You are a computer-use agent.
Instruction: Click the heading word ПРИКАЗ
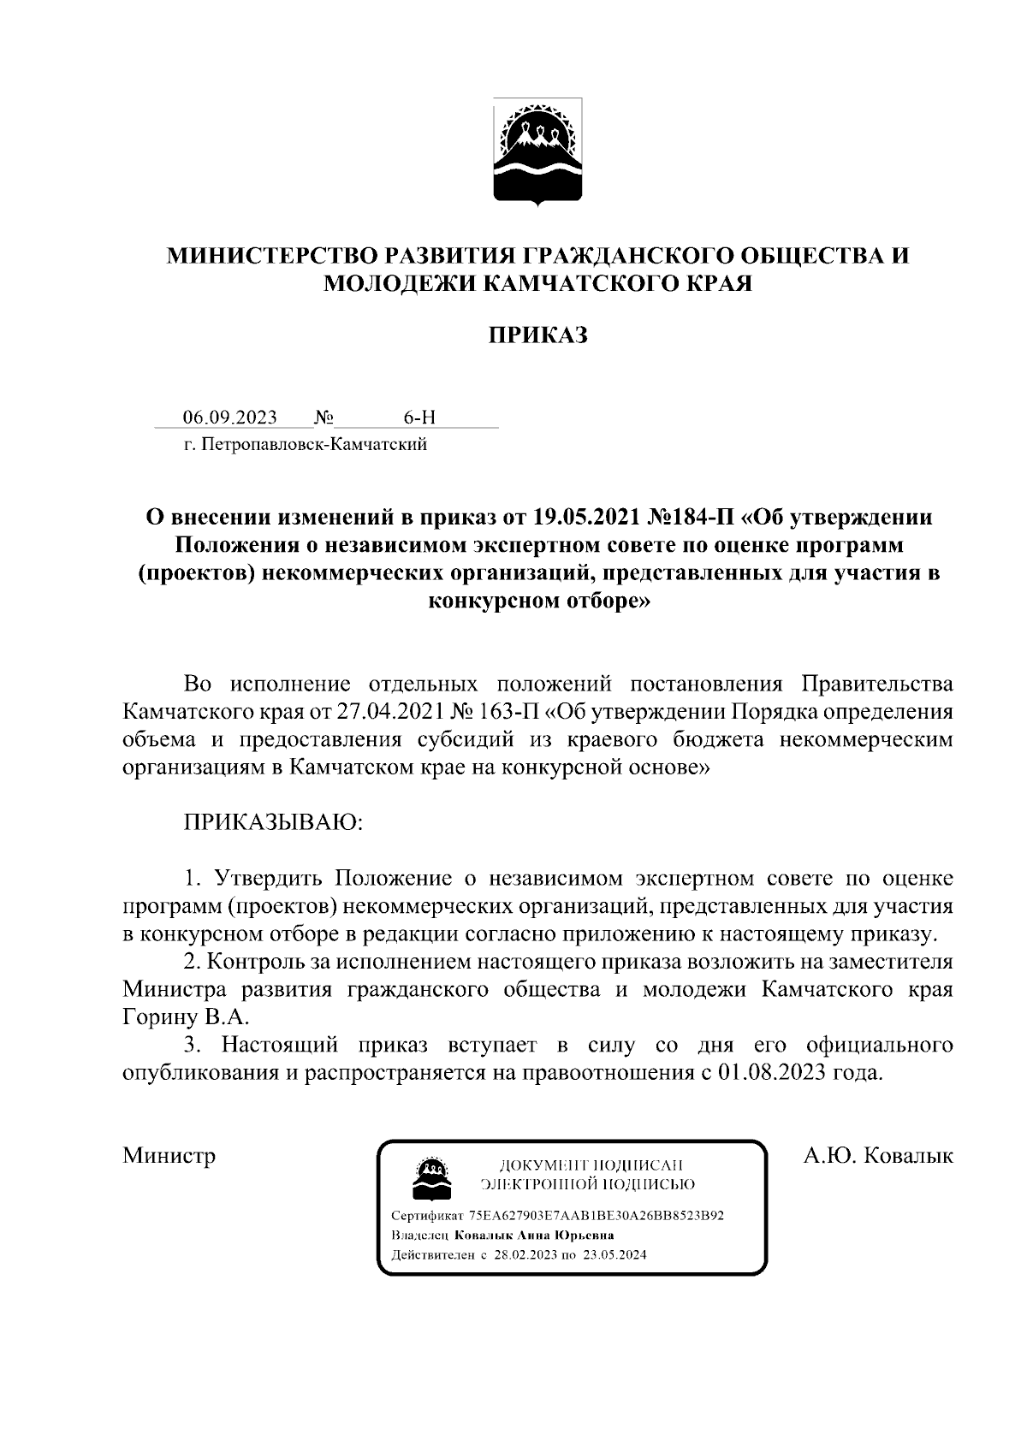pos(537,335)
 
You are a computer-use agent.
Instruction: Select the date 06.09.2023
pos(230,418)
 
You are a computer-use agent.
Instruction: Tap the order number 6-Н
pos(419,418)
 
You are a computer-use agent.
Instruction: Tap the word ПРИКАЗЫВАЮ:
pos(273,822)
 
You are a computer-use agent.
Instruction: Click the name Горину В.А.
pos(186,1017)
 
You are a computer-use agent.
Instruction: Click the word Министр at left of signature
pos(169,1156)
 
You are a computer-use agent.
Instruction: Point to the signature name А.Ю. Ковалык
pos(878,1156)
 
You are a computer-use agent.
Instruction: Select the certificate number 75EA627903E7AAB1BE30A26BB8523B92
pos(597,1216)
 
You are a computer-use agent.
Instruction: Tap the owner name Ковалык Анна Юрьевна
pos(534,1236)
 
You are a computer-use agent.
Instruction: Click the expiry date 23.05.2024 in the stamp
pos(614,1256)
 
